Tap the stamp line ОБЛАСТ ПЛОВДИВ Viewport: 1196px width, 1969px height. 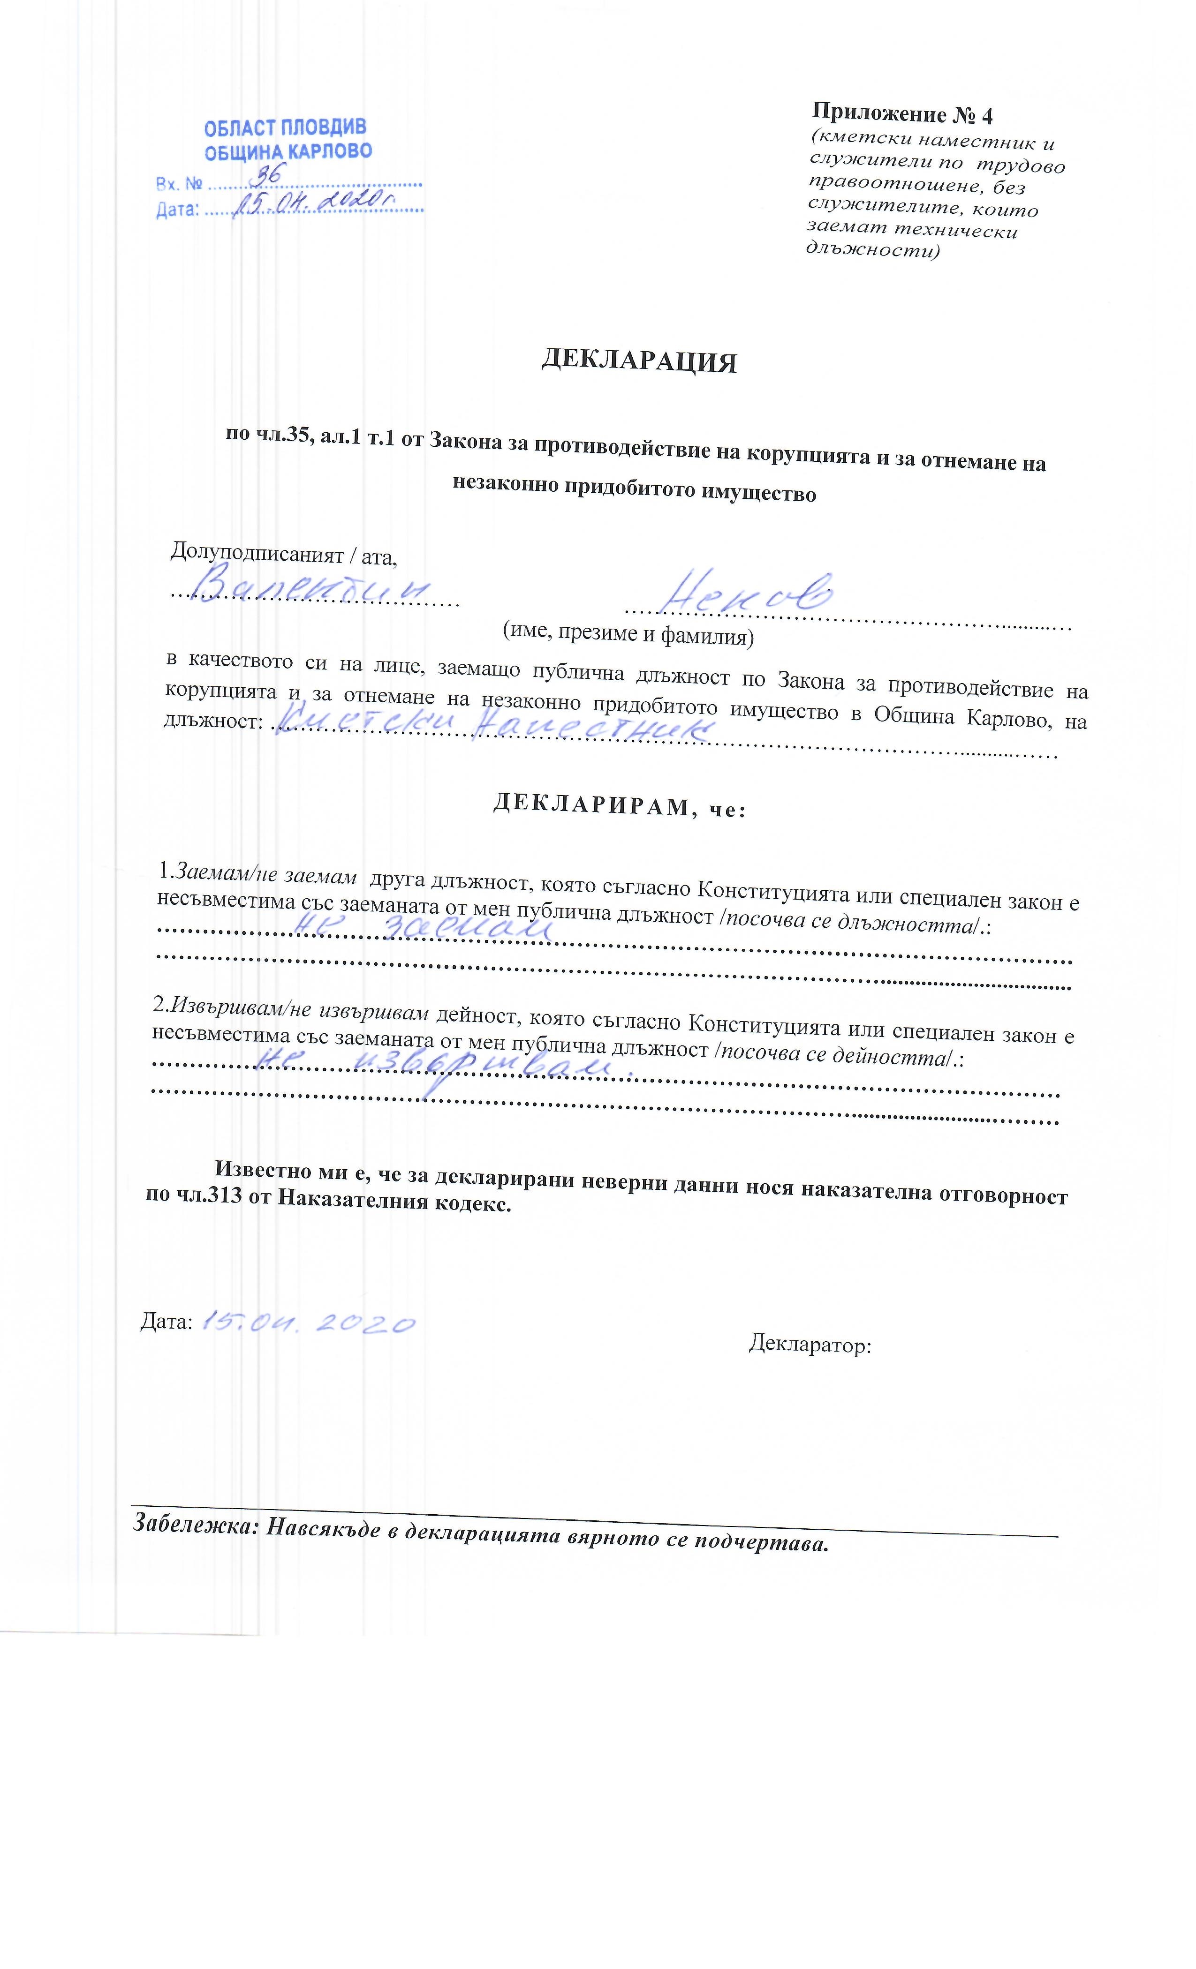coord(285,128)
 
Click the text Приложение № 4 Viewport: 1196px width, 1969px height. coord(902,114)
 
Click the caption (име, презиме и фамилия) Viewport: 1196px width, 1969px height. coord(628,635)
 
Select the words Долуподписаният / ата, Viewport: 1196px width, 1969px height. coord(284,552)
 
